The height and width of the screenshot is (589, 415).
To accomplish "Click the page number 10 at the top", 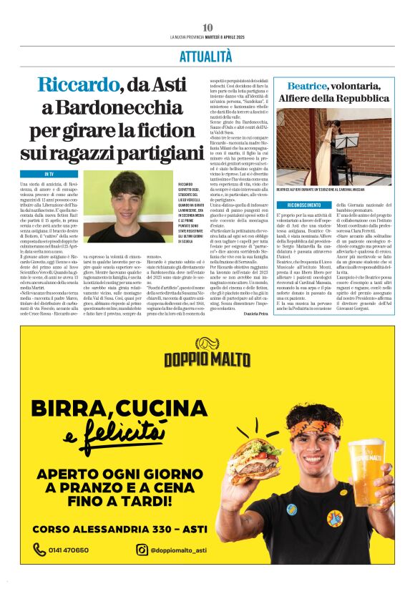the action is coord(207,27).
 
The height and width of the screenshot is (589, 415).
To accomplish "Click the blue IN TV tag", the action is coord(49,174).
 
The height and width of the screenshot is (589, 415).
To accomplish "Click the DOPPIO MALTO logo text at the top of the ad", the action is coord(207,359).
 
